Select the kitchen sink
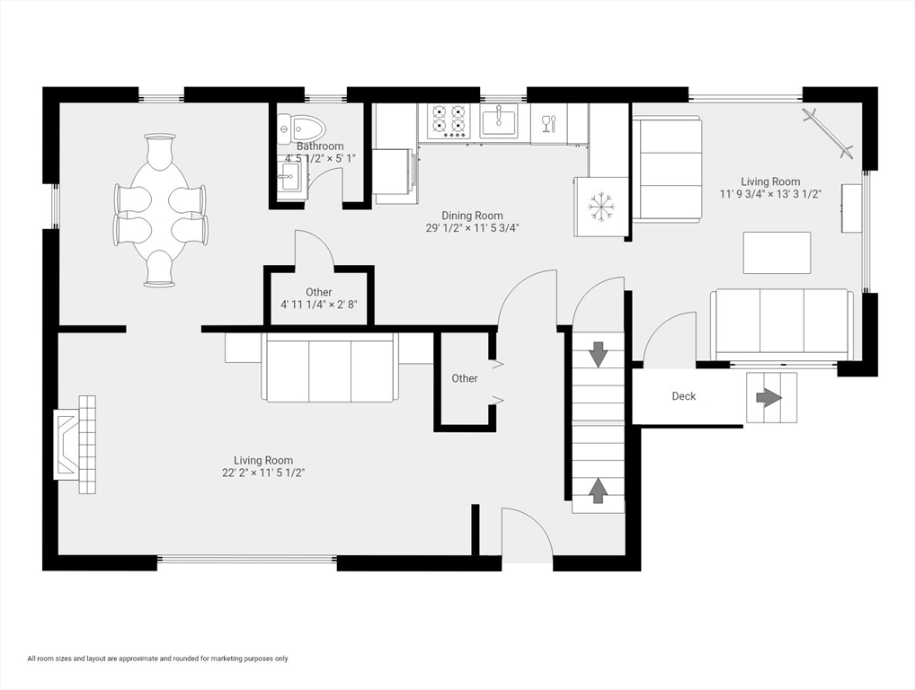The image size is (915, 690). pyautogui.click(x=499, y=121)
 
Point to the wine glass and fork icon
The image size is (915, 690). pyautogui.click(x=548, y=124)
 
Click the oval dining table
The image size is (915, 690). pyautogui.click(x=159, y=210)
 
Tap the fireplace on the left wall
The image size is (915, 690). pyautogui.click(x=75, y=445)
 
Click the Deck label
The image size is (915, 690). pyautogui.click(x=683, y=396)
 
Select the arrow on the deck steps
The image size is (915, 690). pyautogui.click(x=769, y=398)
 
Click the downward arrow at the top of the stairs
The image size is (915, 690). pyautogui.click(x=598, y=355)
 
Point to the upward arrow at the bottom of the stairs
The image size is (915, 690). pyautogui.click(x=598, y=490)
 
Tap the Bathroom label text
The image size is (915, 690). pyautogui.click(x=320, y=146)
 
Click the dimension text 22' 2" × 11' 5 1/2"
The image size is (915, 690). pyautogui.click(x=263, y=473)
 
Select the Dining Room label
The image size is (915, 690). pyautogui.click(x=472, y=216)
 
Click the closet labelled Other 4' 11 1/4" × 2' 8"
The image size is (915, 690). pyautogui.click(x=318, y=297)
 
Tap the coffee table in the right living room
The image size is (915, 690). pyautogui.click(x=777, y=252)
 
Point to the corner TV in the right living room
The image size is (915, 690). pyautogui.click(x=828, y=133)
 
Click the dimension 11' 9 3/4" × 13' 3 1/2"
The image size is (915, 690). pyautogui.click(x=771, y=194)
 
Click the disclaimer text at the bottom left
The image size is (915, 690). pyautogui.click(x=157, y=659)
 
